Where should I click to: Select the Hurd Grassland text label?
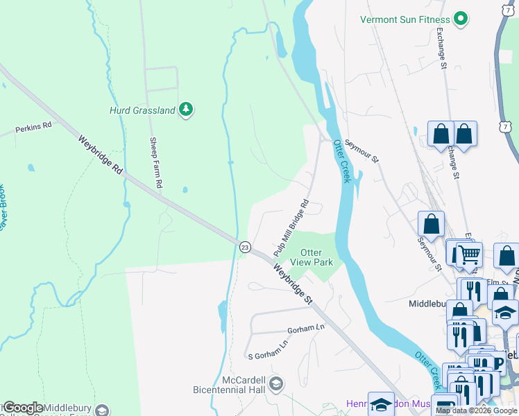142,110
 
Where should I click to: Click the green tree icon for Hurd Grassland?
185,109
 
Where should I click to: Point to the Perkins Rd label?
34,128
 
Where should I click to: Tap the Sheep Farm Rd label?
156,163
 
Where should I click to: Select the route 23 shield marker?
245,247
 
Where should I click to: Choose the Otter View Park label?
316,257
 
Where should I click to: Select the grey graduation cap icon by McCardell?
275,383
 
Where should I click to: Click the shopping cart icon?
469,254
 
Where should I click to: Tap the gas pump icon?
444,406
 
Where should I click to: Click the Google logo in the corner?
23,407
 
